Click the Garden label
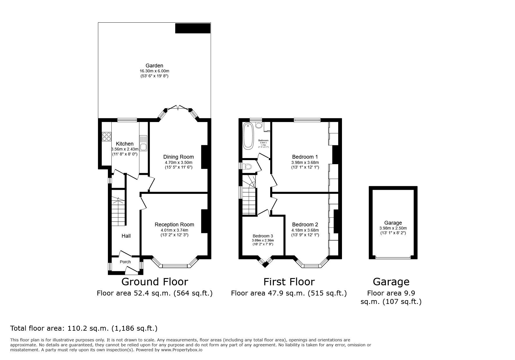pos(154,66)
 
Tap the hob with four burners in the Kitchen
pos(106,137)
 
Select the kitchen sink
pos(143,147)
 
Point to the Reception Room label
pos(174,225)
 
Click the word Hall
pos(126,236)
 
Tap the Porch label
pos(125,262)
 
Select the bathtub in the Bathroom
pos(248,136)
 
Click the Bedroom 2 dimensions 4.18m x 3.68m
pos(305,230)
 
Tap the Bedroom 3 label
pos(263,236)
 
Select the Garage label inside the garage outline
pos(393,223)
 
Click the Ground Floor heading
pos(155,282)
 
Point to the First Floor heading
pos(289,282)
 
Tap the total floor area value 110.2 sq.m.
pos(88,328)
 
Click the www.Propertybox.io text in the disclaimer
pos(182,350)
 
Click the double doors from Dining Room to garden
pos(178,108)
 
